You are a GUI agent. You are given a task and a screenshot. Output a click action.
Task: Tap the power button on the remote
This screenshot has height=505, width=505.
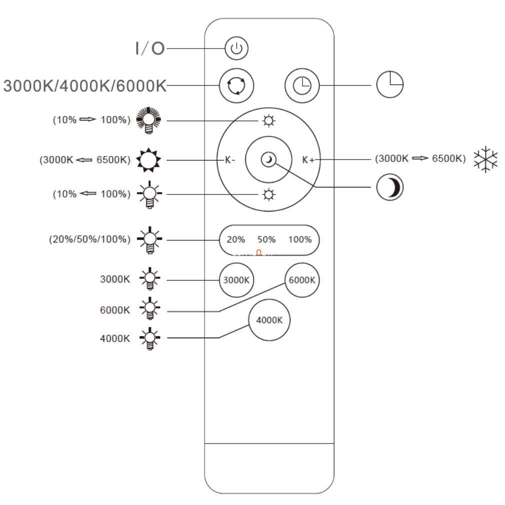point(236,48)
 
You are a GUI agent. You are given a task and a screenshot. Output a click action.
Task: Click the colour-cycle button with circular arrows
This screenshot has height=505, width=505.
point(236,85)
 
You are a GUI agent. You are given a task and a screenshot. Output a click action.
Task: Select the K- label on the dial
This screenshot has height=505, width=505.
point(230,159)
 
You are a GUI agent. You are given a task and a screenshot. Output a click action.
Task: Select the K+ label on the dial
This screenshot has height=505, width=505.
point(308,159)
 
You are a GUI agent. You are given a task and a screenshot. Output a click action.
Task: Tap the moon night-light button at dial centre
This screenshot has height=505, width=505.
point(268,159)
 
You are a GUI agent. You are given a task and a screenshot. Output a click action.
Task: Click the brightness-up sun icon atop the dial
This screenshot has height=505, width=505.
point(268,121)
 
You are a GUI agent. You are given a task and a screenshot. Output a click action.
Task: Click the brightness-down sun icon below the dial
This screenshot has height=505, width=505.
point(268,195)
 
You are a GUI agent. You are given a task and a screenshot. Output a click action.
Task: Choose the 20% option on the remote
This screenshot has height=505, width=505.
point(236,239)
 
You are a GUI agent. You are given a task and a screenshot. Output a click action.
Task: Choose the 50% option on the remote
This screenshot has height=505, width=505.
point(266,239)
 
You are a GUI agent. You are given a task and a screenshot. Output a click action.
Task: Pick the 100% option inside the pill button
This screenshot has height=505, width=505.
point(300,239)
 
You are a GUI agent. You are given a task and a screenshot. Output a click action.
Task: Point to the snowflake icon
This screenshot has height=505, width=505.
point(485,159)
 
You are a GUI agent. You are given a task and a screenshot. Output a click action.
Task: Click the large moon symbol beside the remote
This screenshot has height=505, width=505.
point(389,187)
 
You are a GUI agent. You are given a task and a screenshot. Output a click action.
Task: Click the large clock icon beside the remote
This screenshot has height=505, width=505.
point(389,84)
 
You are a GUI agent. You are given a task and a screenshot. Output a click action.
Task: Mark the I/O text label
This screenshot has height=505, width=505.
point(150,48)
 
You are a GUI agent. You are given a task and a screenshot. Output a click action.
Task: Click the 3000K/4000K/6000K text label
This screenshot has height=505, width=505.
point(84,86)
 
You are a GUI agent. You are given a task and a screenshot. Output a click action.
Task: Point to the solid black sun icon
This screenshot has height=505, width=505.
point(148,159)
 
